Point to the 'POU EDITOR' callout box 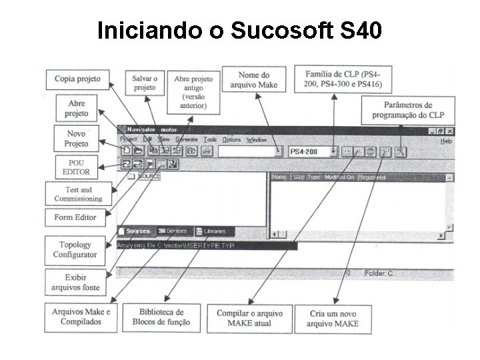(75, 167)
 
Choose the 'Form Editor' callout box (75, 217)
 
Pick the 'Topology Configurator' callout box (75, 249)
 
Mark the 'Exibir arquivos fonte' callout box (75, 282)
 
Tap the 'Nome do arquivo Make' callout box (254, 79)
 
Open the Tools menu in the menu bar (211, 140)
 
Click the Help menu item (446, 141)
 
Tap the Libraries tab (214, 231)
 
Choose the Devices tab (175, 231)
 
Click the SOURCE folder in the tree (148, 177)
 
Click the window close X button (450, 132)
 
